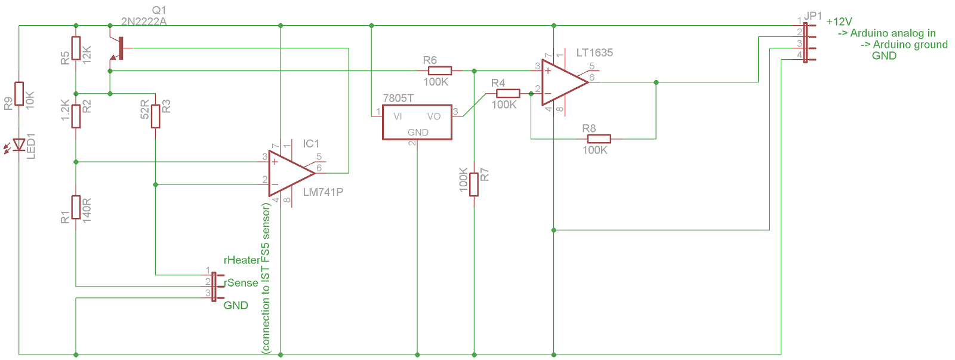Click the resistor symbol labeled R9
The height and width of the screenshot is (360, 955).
pyautogui.click(x=19, y=93)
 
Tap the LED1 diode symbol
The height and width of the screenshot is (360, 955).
pyautogui.click(x=19, y=144)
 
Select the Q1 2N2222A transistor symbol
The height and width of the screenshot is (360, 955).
pyautogui.click(x=117, y=49)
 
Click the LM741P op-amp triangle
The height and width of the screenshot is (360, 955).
pyautogui.click(x=289, y=173)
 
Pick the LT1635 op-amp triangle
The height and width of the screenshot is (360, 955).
pyautogui.click(x=562, y=82)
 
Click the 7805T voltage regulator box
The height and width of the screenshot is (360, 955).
pyautogui.click(x=417, y=122)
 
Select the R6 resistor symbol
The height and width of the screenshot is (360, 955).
pyautogui.click(x=440, y=70)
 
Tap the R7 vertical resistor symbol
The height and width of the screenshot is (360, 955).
pyautogui.click(x=474, y=184)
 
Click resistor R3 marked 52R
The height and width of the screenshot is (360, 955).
pyautogui.click(x=155, y=116)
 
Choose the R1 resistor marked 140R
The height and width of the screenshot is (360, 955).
pyautogui.click(x=76, y=207)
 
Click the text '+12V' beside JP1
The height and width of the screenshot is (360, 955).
pyautogui.click(x=839, y=21)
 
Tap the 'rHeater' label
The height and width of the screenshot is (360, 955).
pyautogui.click(x=242, y=260)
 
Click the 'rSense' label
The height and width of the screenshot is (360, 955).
pyautogui.click(x=242, y=283)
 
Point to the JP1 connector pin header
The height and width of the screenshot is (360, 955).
pyautogui.click(x=805, y=42)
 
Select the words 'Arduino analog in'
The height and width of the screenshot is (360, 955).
pyautogui.click(x=892, y=33)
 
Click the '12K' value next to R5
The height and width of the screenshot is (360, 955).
pyautogui.click(x=87, y=54)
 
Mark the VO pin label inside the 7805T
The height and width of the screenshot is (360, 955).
pyautogui.click(x=434, y=116)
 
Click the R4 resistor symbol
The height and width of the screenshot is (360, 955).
pyautogui.click(x=508, y=93)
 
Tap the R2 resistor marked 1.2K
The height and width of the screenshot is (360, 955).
pyautogui.click(x=76, y=116)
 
